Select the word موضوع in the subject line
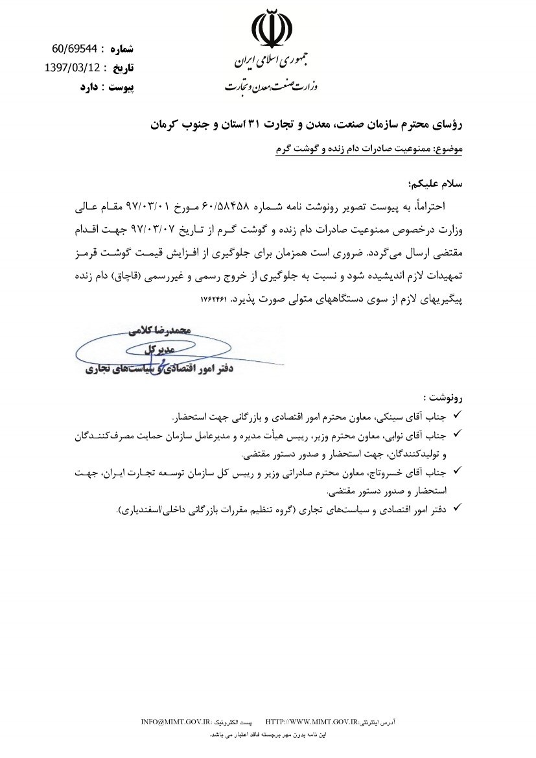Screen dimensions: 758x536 [447, 148]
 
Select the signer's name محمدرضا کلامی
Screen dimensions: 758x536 [158, 331]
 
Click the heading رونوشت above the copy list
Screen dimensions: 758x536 [444, 397]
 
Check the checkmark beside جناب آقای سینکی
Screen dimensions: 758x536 [456, 414]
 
